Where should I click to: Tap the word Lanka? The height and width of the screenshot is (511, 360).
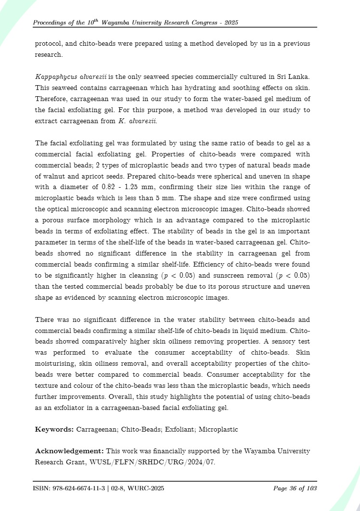click(298, 77)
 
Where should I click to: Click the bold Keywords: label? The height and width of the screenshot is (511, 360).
click(54, 429)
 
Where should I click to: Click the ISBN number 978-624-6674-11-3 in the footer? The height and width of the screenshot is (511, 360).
click(77, 488)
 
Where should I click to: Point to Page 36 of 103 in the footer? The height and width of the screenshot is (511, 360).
click(295, 488)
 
